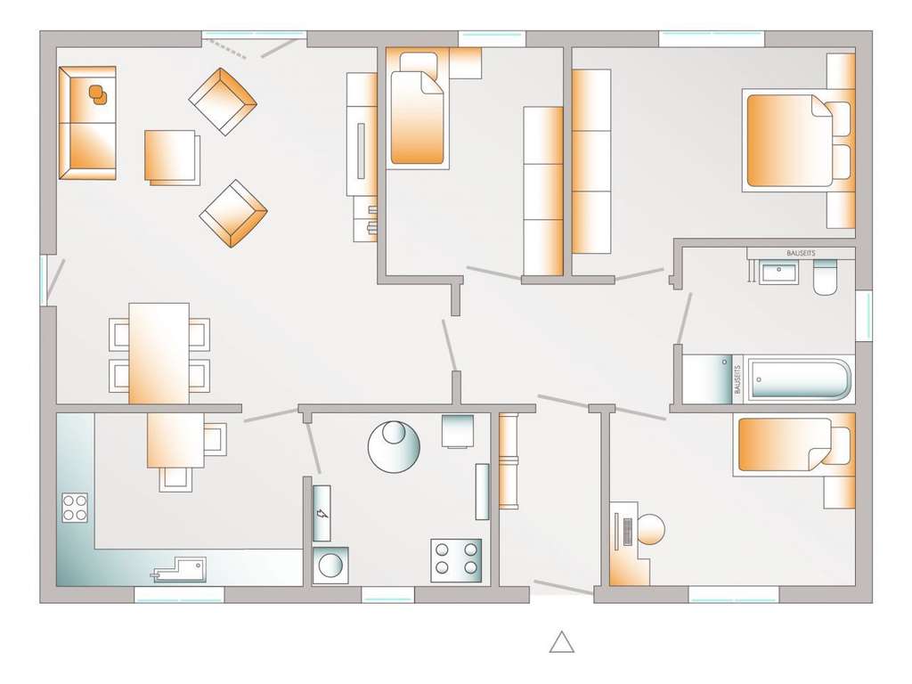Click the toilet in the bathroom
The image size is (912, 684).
click(x=826, y=278)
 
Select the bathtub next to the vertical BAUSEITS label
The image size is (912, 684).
click(x=798, y=379)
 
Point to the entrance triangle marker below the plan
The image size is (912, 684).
click(x=561, y=641)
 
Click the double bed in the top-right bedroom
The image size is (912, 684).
click(x=789, y=141)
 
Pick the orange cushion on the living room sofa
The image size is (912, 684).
click(x=97, y=92)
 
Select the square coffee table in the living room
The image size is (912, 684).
click(x=170, y=157)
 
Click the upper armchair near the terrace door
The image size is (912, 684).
click(x=223, y=102)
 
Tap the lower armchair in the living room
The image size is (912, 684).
click(x=233, y=214)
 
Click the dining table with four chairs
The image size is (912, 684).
click(x=159, y=353)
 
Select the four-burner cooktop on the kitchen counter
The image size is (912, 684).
click(x=75, y=508)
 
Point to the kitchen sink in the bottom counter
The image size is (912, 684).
click(x=181, y=569)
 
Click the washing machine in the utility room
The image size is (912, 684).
click(x=330, y=566)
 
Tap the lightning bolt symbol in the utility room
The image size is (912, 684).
click(x=322, y=513)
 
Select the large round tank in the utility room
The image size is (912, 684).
click(x=394, y=445)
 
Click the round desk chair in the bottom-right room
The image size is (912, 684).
click(x=651, y=530)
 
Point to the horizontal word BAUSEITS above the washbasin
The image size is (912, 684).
click(x=800, y=253)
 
